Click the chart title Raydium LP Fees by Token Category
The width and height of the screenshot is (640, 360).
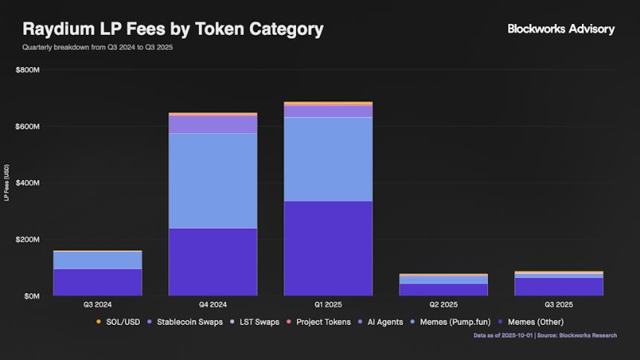(x=173, y=30)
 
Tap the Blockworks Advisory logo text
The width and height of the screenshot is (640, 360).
(x=560, y=29)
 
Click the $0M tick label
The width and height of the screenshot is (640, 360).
(x=31, y=296)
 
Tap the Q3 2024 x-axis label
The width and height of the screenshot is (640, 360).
(x=97, y=305)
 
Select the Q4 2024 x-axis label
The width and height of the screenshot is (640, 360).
(x=213, y=305)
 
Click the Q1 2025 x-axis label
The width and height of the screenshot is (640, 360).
(x=328, y=305)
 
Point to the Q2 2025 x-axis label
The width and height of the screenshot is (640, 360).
(x=444, y=305)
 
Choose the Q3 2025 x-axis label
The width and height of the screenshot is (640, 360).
(x=559, y=305)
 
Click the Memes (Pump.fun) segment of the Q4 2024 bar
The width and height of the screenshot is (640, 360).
(x=213, y=181)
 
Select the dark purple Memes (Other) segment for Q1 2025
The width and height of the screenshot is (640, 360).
(x=328, y=248)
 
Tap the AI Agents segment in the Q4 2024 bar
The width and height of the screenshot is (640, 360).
(x=213, y=124)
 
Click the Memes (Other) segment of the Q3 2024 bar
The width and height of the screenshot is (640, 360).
(x=97, y=283)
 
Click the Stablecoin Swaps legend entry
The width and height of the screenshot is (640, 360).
(x=187, y=322)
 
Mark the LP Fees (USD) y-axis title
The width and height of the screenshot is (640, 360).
(x=7, y=183)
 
